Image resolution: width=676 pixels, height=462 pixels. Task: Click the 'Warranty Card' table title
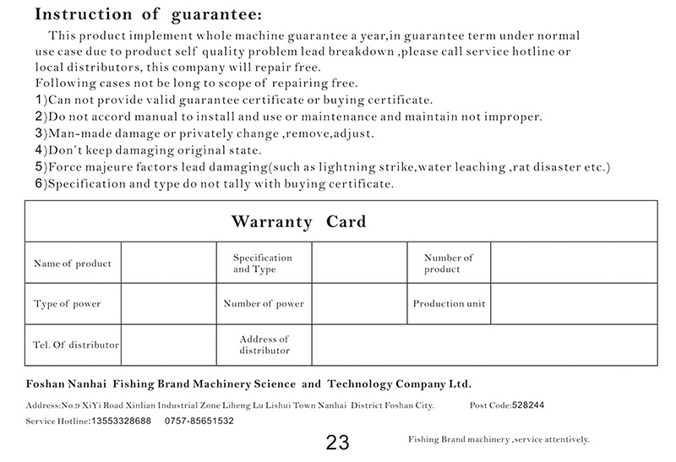[x=299, y=222]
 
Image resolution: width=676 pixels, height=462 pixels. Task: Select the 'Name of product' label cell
[x=73, y=264]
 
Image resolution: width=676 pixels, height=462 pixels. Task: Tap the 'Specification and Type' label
[x=262, y=264]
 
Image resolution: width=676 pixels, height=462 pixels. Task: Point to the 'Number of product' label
[x=448, y=264]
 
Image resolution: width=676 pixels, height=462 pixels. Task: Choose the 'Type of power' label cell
[x=68, y=304]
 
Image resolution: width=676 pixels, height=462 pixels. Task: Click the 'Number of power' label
[x=264, y=304]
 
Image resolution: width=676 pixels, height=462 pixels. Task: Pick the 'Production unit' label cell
[x=449, y=304]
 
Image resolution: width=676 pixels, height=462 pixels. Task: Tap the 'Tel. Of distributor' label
[x=76, y=345]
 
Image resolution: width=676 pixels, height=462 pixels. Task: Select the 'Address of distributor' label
[x=264, y=345]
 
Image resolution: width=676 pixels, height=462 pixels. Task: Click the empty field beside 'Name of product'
[x=167, y=264]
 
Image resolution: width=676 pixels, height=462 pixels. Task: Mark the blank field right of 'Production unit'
[x=574, y=304]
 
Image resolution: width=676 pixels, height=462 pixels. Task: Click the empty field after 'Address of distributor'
[x=484, y=345]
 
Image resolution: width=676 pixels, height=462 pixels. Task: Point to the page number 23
[x=337, y=443]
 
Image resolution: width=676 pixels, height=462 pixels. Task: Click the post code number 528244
[x=528, y=405]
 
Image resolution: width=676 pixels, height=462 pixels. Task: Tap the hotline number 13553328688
[x=121, y=421]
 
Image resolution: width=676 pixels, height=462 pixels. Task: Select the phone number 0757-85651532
[x=199, y=421]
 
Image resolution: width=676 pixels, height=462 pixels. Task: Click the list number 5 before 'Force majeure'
[x=39, y=167]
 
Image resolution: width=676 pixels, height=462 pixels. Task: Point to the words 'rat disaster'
[x=542, y=167]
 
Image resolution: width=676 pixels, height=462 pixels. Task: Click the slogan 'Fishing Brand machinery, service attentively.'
[x=498, y=440]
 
